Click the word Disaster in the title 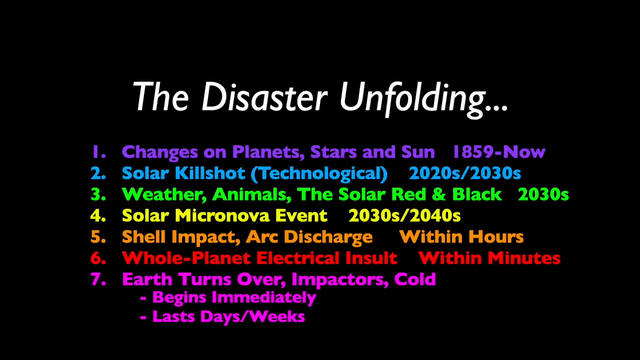click(264, 96)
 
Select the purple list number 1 click(98, 151)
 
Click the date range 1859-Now click(499, 151)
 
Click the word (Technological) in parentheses click(319, 173)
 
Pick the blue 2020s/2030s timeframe click(465, 173)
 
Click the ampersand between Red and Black click(439, 194)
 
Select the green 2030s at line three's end click(543, 194)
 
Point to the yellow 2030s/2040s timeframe click(404, 215)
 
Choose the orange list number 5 click(98, 237)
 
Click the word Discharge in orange click(328, 237)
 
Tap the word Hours click(495, 237)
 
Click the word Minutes click(524, 258)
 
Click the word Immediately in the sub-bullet click(263, 297)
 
